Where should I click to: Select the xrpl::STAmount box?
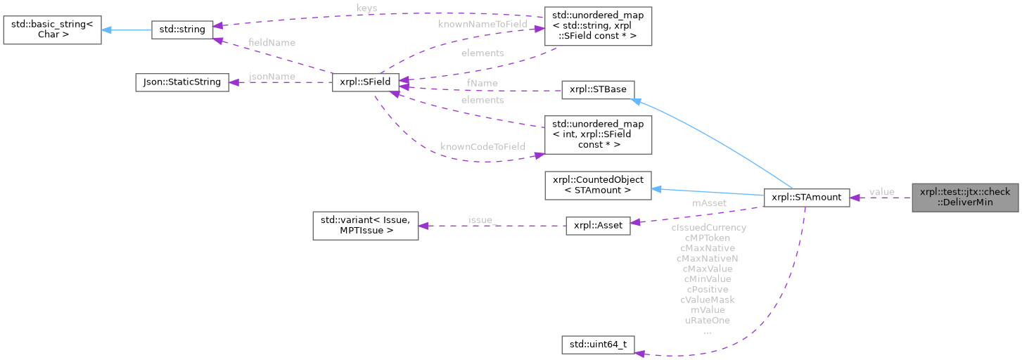[806, 198]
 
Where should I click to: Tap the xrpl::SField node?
[365, 82]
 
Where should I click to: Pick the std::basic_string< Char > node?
[51, 29]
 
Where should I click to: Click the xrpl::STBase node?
[598, 90]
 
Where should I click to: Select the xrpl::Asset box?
[598, 228]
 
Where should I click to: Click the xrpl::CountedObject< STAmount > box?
[598, 184]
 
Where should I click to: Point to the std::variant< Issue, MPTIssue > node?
[365, 225]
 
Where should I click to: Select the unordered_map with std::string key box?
[598, 26]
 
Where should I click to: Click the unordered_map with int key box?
[598, 134]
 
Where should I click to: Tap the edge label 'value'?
[881, 192]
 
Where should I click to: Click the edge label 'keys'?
[366, 8]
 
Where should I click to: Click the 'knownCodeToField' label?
[483, 147]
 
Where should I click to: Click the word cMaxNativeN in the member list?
[708, 258]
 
